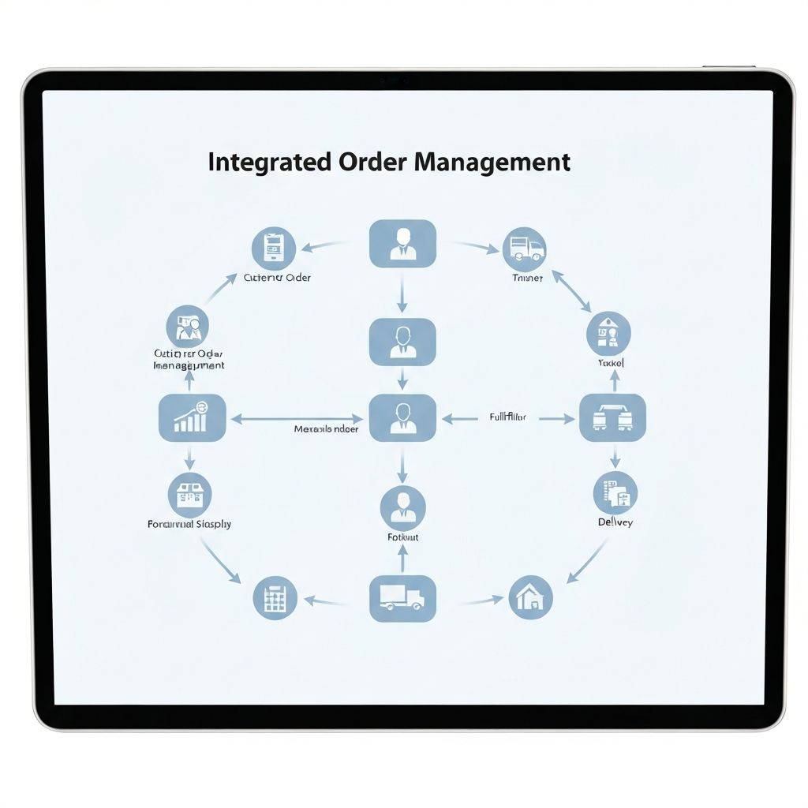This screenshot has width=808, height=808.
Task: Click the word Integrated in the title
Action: click(x=258, y=162)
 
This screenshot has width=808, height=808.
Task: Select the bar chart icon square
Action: click(x=193, y=417)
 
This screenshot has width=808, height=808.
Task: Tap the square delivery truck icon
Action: click(x=402, y=598)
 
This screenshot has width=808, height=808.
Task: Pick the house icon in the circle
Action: click(x=530, y=597)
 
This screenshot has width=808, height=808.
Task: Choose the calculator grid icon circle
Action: click(x=275, y=598)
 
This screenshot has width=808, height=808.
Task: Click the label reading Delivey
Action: click(x=615, y=522)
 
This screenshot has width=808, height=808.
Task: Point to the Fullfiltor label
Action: click(x=508, y=417)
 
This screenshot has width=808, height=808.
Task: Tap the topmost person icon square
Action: click(x=402, y=243)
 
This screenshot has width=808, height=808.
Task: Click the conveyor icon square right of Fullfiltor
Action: click(x=612, y=417)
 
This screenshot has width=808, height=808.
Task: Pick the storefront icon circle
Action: click(x=189, y=495)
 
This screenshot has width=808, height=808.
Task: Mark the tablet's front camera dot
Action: click(x=392, y=80)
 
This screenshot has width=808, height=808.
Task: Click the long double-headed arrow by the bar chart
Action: click(x=297, y=419)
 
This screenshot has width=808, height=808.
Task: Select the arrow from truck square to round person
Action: click(x=402, y=559)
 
